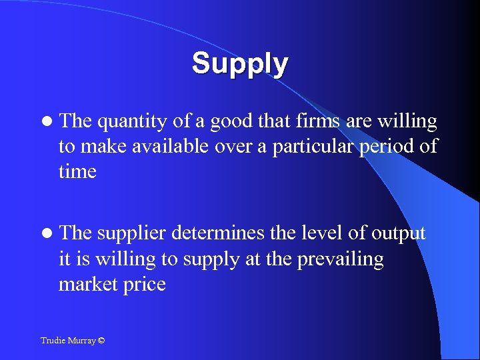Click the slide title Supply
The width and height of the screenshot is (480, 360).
[x=240, y=64]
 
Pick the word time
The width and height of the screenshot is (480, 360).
[x=77, y=171]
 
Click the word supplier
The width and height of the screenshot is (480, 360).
[x=131, y=234]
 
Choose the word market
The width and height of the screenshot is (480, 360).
[x=87, y=283]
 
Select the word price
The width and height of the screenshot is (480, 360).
[x=143, y=285]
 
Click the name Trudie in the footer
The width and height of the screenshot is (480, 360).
[x=53, y=341]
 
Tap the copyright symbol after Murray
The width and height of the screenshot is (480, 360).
[x=101, y=341]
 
